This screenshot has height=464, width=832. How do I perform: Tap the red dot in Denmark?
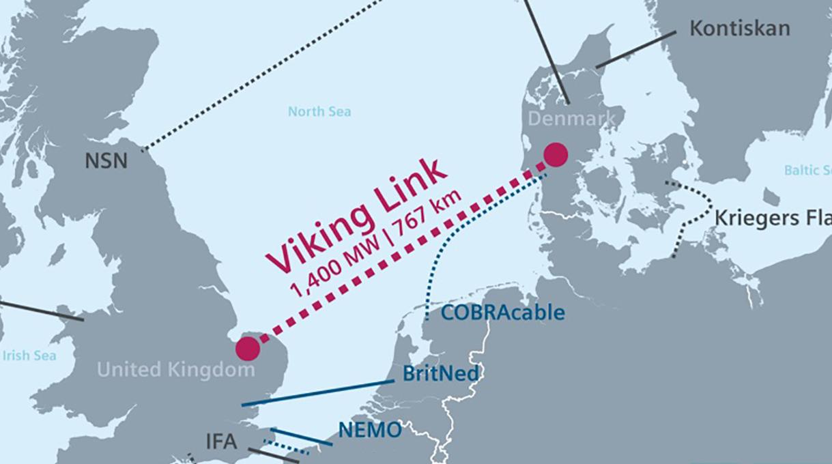point(556,155)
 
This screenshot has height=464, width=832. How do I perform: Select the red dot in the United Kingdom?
point(248,349)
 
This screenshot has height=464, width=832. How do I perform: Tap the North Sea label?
point(319,111)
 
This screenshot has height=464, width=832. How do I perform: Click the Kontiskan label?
point(740,29)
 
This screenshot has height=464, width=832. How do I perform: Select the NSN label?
point(106,162)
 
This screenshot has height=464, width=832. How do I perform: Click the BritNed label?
point(440,374)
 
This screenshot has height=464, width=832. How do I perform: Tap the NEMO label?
point(370,430)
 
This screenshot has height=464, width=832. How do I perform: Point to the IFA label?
point(221,442)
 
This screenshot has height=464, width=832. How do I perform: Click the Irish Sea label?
point(29,356)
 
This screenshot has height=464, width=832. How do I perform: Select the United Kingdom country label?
point(175,371)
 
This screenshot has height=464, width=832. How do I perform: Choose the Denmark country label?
point(572,119)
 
